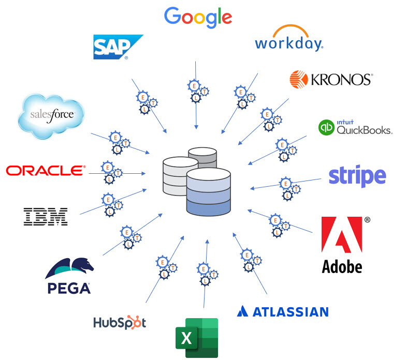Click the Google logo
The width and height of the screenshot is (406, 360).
point(198,17)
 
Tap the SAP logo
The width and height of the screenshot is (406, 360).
point(118,47)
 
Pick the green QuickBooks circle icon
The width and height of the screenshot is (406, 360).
point(327,127)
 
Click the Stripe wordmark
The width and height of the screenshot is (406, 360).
point(357,176)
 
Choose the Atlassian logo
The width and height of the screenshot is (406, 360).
point(283,311)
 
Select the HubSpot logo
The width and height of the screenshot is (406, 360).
point(120,323)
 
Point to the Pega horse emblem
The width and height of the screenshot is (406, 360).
point(70,268)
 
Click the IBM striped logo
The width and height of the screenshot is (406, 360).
point(46,216)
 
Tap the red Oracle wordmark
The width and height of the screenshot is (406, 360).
point(45,170)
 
